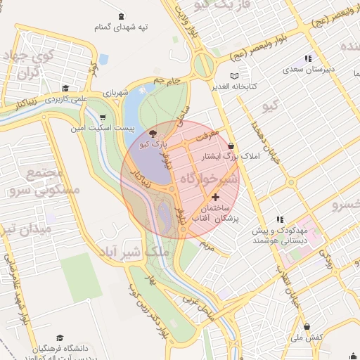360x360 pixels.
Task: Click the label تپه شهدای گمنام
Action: point(123,27)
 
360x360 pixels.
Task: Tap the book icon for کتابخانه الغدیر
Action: point(235,76)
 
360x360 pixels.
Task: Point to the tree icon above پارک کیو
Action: point(154,133)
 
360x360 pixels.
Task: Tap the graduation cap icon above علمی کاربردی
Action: point(65,89)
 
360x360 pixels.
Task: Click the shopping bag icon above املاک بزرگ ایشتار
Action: point(231,146)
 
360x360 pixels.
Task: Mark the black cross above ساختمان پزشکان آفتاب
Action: point(215,197)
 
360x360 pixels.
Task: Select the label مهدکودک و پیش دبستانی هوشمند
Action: point(280,235)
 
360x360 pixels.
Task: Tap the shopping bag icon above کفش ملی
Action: point(307,326)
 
